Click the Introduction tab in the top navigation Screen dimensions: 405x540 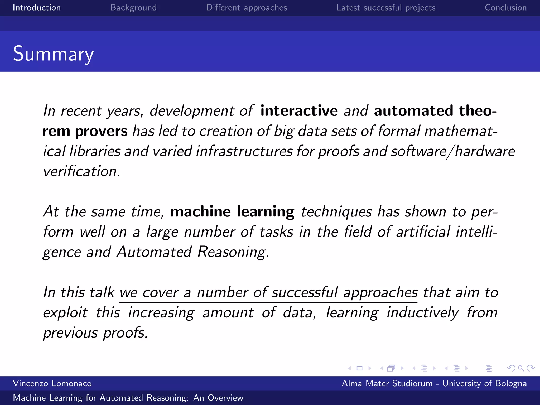pyautogui.click(x=37, y=8)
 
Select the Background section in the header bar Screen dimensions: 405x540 pyautogui.click(x=133, y=8)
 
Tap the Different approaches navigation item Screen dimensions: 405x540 pyautogui.click(x=246, y=8)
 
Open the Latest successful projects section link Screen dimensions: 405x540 pyautogui.click(x=385, y=8)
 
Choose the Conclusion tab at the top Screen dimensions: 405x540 pyautogui.click(x=505, y=8)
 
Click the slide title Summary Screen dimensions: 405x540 pyautogui.click(x=53, y=54)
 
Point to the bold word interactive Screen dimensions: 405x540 pyautogui.click(x=299, y=110)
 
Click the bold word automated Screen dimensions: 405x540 pyautogui.click(x=413, y=110)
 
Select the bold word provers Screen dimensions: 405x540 pyautogui.click(x=101, y=131)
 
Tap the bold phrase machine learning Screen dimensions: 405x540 pyautogui.click(x=232, y=212)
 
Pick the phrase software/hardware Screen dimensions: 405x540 pyautogui.click(x=452, y=151)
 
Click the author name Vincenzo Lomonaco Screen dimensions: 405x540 pyautogui.click(x=52, y=383)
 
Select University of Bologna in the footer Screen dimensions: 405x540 pyautogui.click(x=484, y=383)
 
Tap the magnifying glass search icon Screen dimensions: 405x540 pyautogui.click(x=520, y=368)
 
